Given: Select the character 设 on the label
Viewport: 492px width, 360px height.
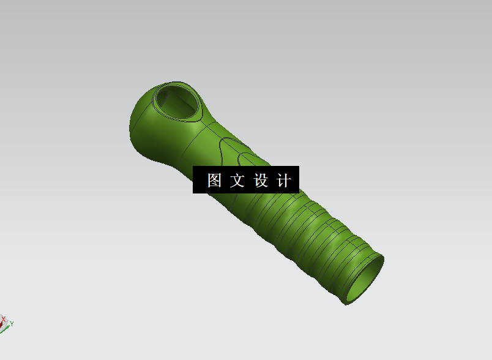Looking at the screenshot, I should (261, 181).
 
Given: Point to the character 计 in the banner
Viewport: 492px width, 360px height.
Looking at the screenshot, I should (284, 181).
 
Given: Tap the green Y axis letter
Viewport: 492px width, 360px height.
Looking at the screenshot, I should (12, 323).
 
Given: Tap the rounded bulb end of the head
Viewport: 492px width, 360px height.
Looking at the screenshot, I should (140, 119).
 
